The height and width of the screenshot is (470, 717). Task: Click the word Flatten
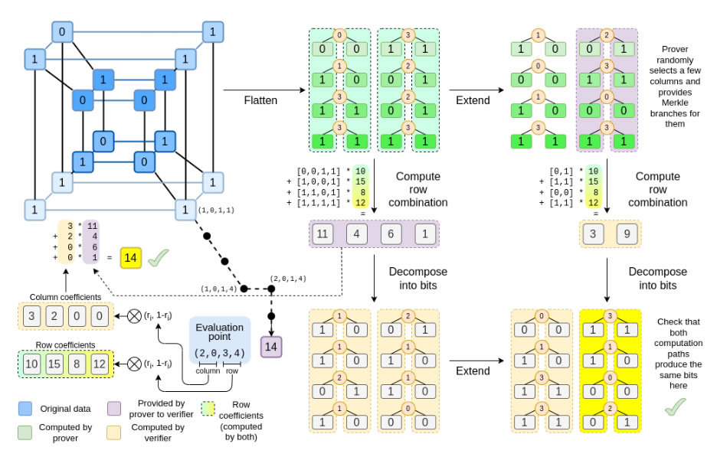[261, 101]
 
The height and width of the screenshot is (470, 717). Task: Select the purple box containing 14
[270, 347]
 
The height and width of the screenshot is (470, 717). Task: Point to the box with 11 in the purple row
[324, 233]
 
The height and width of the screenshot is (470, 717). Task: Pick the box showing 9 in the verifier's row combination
[627, 233]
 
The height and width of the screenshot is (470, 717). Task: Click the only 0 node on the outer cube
[61, 32]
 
